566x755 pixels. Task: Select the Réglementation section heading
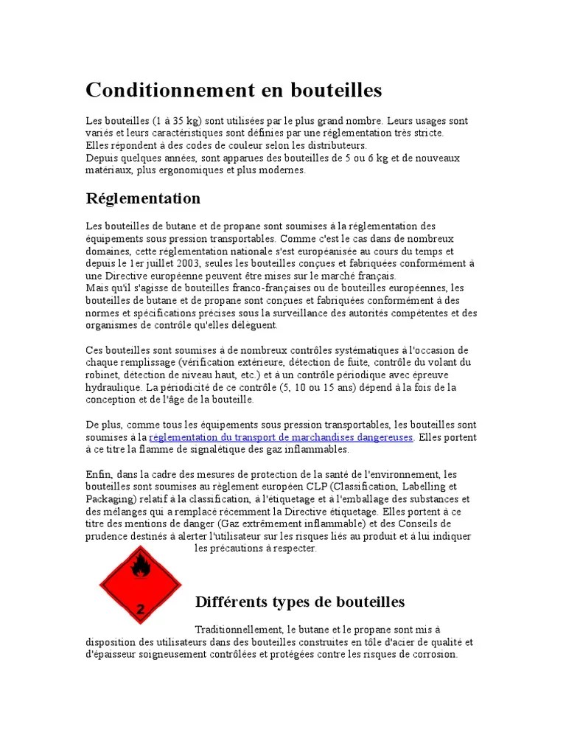point(143,198)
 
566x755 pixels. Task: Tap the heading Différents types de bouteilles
point(300,602)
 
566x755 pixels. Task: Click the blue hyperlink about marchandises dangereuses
point(281,437)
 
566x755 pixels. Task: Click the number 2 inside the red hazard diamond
point(140,609)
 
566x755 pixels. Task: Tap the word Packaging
point(110,499)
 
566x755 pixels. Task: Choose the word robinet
point(102,375)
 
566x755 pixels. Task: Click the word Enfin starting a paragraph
point(98,474)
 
